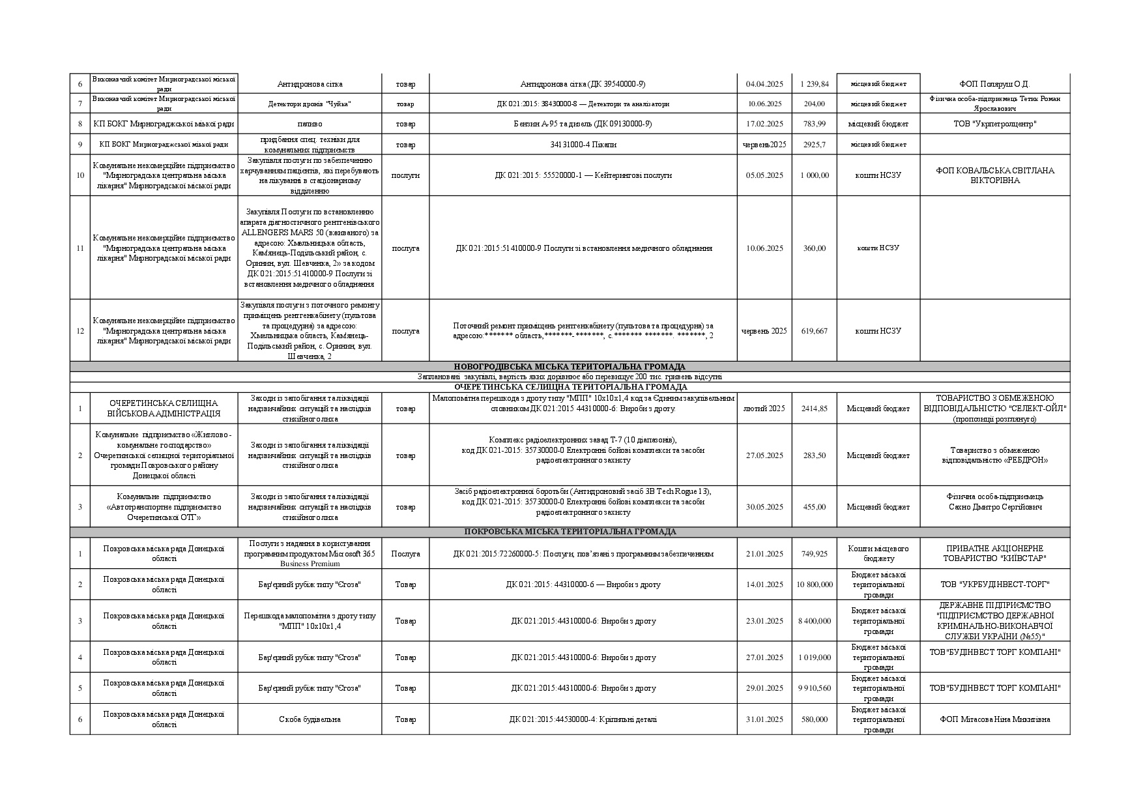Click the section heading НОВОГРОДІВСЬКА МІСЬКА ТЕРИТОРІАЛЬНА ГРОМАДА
click(570, 367)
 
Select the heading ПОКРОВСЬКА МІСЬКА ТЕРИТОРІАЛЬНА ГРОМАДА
click(570, 532)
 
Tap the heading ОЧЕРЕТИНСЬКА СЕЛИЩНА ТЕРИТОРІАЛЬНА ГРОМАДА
click(570, 387)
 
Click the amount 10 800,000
click(814, 584)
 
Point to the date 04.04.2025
click(764, 84)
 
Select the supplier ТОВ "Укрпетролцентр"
click(994, 124)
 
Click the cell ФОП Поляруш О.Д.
click(994, 84)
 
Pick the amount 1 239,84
click(814, 84)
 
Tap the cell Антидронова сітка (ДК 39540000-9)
click(583, 84)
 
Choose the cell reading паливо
click(309, 124)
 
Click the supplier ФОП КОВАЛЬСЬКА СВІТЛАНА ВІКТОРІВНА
click(994, 175)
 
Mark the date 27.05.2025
click(764, 455)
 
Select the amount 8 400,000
click(814, 621)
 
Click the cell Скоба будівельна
click(309, 719)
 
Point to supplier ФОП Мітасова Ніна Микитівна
click(994, 719)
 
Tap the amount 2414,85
click(814, 409)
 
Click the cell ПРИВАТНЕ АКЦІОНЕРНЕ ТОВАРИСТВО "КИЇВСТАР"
click(994, 554)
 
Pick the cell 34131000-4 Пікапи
click(583, 145)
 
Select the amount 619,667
click(814, 331)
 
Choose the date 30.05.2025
click(764, 507)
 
